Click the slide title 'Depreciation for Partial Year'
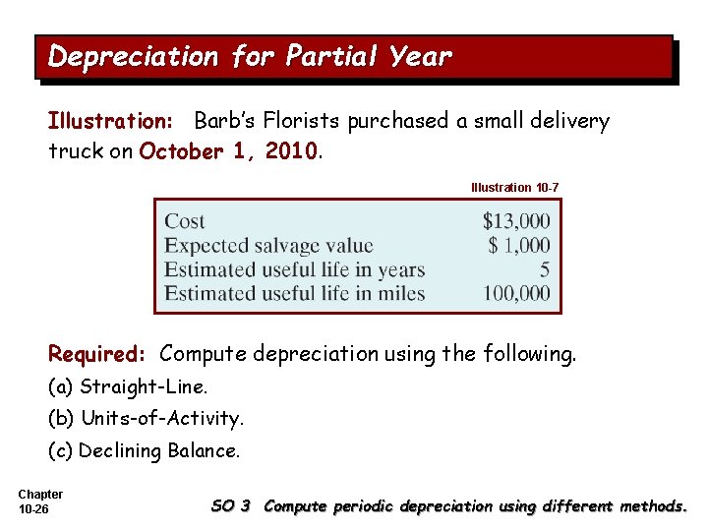click(250, 57)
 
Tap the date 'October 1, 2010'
click(229, 152)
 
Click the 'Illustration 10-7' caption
click(515, 187)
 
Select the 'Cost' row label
click(185, 221)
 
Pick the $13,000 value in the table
click(516, 221)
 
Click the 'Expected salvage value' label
click(268, 245)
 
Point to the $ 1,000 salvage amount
click(519, 245)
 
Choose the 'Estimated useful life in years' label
click(294, 269)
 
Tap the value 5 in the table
click(545, 269)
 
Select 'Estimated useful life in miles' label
click(294, 293)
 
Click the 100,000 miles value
click(516, 293)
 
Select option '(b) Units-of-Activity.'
click(146, 419)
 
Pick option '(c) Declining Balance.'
click(144, 451)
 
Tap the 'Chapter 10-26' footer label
click(40, 501)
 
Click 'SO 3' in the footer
click(231, 506)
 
